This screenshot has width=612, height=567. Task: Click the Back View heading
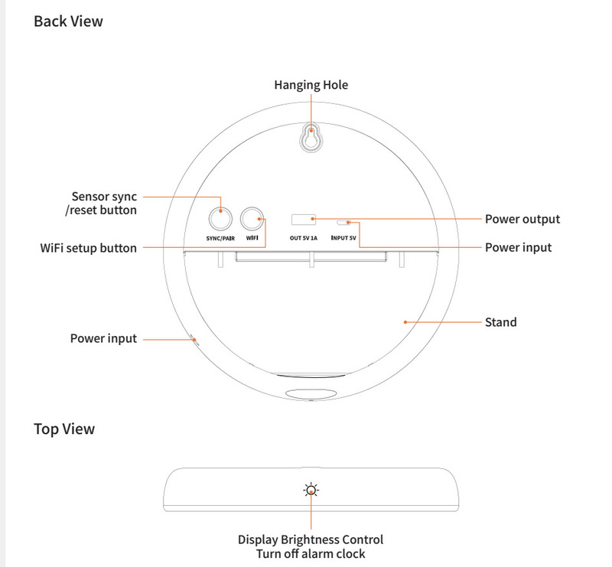tap(68, 21)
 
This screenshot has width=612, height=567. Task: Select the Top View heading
tap(64, 429)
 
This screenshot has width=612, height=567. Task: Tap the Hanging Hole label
tap(311, 85)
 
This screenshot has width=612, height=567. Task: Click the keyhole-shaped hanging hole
tap(311, 138)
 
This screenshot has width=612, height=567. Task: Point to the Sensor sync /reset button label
tap(104, 203)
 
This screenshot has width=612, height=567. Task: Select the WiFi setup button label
tap(89, 248)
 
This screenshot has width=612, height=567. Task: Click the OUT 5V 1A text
tap(304, 238)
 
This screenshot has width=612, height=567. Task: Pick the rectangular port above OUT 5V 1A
tap(304, 220)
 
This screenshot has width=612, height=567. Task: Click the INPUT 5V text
tap(344, 238)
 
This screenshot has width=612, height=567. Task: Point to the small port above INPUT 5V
tap(344, 222)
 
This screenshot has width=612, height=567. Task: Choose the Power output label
tap(522, 220)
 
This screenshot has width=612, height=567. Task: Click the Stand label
tap(501, 322)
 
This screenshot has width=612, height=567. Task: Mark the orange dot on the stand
tap(405, 322)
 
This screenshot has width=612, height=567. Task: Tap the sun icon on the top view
tap(311, 490)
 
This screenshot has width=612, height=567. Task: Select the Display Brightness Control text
tap(311, 539)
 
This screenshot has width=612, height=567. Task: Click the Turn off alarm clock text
tap(311, 553)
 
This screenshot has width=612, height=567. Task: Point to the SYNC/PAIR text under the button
tap(220, 238)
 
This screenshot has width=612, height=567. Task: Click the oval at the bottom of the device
tap(311, 394)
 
